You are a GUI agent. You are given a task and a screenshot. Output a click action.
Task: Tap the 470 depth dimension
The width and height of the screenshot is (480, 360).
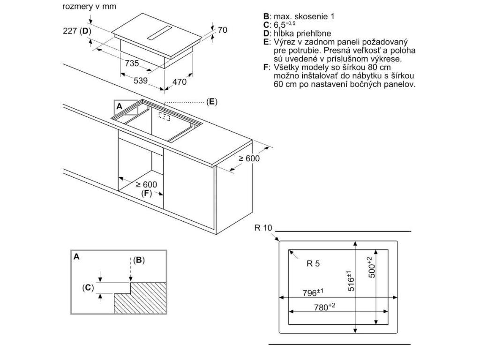(179, 82)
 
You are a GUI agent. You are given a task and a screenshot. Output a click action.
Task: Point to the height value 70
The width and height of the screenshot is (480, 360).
(223, 30)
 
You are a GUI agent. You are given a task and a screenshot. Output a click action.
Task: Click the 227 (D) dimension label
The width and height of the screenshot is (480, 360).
(76, 31)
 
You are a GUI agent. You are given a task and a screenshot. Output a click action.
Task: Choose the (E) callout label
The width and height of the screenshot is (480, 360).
(212, 102)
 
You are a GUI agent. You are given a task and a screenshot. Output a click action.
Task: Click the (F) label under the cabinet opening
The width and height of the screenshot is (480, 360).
(147, 193)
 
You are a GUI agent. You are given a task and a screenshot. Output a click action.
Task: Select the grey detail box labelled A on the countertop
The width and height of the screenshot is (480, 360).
(126, 107)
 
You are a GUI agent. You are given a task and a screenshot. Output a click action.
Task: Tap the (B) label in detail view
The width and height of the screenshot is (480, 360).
(139, 260)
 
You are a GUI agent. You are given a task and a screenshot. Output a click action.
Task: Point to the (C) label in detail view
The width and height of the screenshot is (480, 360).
(88, 287)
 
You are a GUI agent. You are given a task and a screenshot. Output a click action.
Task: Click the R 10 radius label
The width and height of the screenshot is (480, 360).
(263, 228)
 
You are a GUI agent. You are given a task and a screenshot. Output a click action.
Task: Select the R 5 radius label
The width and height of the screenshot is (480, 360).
(313, 264)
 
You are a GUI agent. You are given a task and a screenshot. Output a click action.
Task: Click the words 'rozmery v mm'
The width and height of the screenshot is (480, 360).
(89, 7)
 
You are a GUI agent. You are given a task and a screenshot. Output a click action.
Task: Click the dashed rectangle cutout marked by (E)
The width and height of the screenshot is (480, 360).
(165, 115)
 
